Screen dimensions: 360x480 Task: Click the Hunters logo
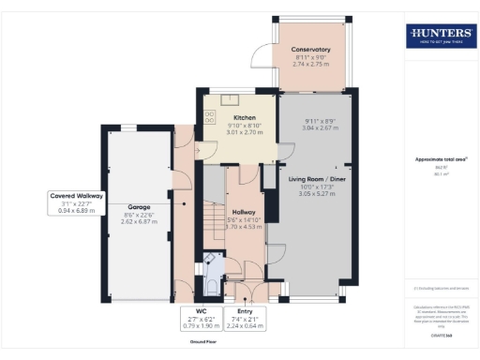point(440,36)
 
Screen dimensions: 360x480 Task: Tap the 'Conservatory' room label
point(310,50)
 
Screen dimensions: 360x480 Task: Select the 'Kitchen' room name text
point(232,117)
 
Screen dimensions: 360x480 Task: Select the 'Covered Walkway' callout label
point(77,196)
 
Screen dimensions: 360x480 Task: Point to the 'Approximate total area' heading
point(439,159)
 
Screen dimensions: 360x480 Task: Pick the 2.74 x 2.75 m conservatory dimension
point(310,66)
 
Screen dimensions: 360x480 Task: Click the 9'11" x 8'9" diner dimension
point(320,122)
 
